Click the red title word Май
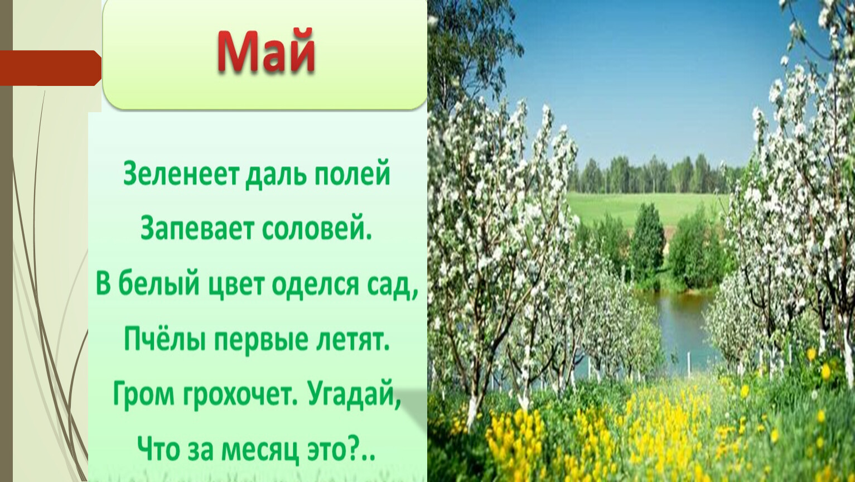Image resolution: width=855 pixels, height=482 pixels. tap(266, 51)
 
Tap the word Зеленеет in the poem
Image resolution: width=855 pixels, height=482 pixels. tap(181, 173)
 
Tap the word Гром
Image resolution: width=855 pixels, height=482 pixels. tap(143, 395)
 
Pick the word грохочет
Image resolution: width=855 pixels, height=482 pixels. tap(240, 395)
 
